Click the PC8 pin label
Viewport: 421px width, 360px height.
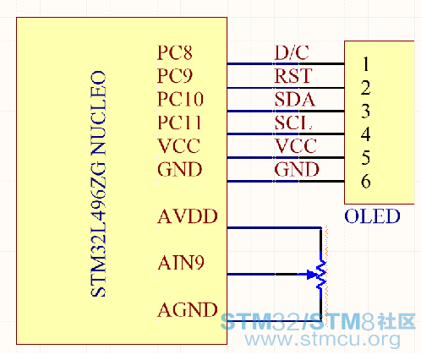click(174, 52)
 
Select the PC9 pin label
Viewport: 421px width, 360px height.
click(175, 76)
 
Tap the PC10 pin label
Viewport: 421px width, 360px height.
click(180, 99)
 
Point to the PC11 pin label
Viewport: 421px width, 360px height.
click(179, 123)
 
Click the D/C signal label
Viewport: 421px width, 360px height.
click(292, 52)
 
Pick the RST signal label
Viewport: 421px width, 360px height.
click(293, 76)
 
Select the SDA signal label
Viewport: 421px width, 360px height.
click(295, 99)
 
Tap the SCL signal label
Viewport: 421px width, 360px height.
click(293, 123)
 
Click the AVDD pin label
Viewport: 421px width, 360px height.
click(188, 216)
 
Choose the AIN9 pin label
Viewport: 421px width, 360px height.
click(181, 263)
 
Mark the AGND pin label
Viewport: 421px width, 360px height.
click(188, 310)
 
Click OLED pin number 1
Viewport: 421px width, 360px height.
click(366, 63)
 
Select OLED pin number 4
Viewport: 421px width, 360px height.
click(365, 134)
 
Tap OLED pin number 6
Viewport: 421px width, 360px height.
click(366, 181)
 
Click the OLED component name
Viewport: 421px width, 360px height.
click(372, 216)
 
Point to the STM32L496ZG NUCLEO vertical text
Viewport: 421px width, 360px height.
click(98, 183)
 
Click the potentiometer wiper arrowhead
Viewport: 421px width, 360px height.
click(312, 274)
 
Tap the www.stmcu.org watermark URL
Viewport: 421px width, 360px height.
click(322, 339)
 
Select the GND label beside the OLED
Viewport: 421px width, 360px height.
click(297, 169)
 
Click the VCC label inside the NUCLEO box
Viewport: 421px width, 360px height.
click(178, 146)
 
